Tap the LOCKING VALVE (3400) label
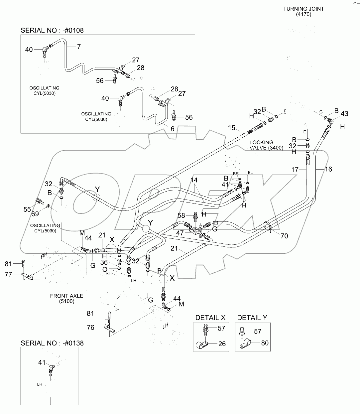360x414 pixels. (x=266, y=145)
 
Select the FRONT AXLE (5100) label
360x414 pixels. (x=67, y=298)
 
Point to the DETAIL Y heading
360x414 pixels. (x=252, y=318)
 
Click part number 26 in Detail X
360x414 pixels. (x=222, y=344)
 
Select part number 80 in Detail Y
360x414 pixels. (x=265, y=343)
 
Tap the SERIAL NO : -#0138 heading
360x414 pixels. (x=52, y=343)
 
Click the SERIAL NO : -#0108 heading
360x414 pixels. (x=52, y=30)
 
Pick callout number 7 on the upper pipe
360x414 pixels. (x=79, y=47)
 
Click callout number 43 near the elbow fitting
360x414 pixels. (x=344, y=113)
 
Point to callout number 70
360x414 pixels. (x=284, y=236)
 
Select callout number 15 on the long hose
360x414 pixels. (x=232, y=128)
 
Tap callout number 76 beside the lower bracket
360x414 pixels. (x=90, y=327)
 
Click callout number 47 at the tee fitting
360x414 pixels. (x=180, y=233)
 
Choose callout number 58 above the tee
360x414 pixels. (x=181, y=215)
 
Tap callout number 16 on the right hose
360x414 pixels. (x=328, y=169)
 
